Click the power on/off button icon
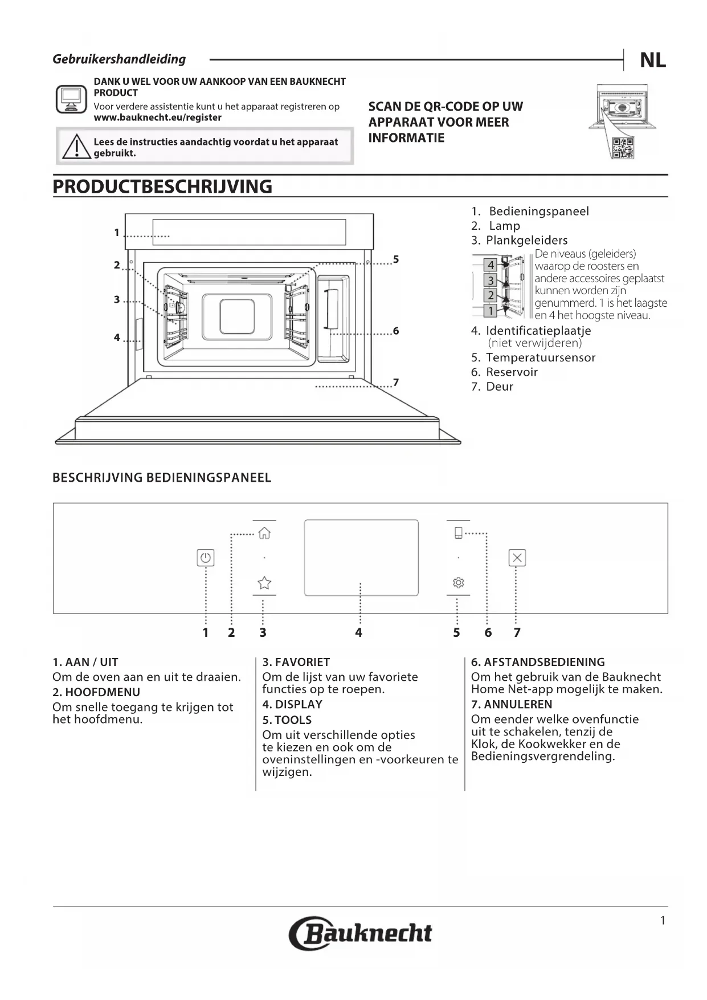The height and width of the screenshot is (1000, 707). click(206, 558)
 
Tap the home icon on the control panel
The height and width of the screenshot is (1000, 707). click(264, 533)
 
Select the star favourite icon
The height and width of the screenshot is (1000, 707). click(264, 583)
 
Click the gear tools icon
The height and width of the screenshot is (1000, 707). click(459, 583)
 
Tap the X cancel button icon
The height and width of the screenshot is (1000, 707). click(517, 558)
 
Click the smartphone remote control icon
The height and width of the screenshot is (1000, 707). click(458, 533)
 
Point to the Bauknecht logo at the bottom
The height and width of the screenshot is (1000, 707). click(360, 933)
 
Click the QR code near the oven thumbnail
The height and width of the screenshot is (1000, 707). click(622, 148)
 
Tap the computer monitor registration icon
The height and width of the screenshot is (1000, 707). click(71, 99)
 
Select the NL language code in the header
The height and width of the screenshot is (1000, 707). click(653, 60)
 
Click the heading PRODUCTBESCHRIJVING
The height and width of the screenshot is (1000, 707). click(162, 187)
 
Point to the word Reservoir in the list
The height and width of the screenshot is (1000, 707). click(512, 372)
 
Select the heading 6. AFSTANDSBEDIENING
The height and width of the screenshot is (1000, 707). click(538, 662)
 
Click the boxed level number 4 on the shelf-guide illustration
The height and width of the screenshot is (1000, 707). click(491, 265)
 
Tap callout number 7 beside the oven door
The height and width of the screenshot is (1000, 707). click(396, 382)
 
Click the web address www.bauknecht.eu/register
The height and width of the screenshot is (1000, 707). click(157, 117)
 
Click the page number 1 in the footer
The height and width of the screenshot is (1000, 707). click(663, 921)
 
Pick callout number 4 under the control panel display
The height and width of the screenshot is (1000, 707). click(358, 632)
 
